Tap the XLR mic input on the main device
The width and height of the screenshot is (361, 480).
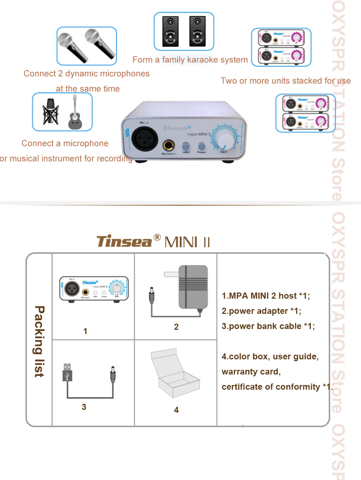pos(144,139)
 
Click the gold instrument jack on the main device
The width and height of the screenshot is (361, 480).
pos(169,145)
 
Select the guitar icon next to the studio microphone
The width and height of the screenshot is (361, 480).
pos(75,113)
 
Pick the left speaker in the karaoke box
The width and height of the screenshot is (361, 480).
pos(170,31)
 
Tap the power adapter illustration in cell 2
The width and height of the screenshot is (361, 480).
pos(193,287)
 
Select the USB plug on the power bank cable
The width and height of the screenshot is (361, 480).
pos(67,372)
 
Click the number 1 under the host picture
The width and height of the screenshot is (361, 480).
pos(85,331)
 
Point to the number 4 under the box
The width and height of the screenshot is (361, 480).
pos(176,410)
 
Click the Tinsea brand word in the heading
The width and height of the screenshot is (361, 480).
pos(124,242)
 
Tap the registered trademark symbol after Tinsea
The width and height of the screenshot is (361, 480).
pos(157,238)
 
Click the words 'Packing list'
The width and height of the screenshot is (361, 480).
pos(39,341)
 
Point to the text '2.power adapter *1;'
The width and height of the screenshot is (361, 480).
pos(261,311)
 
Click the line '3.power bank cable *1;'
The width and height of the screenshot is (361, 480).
pos(268,326)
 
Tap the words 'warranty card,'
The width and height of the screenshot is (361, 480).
pos(251,372)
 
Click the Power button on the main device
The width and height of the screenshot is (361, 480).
pos(201,146)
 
